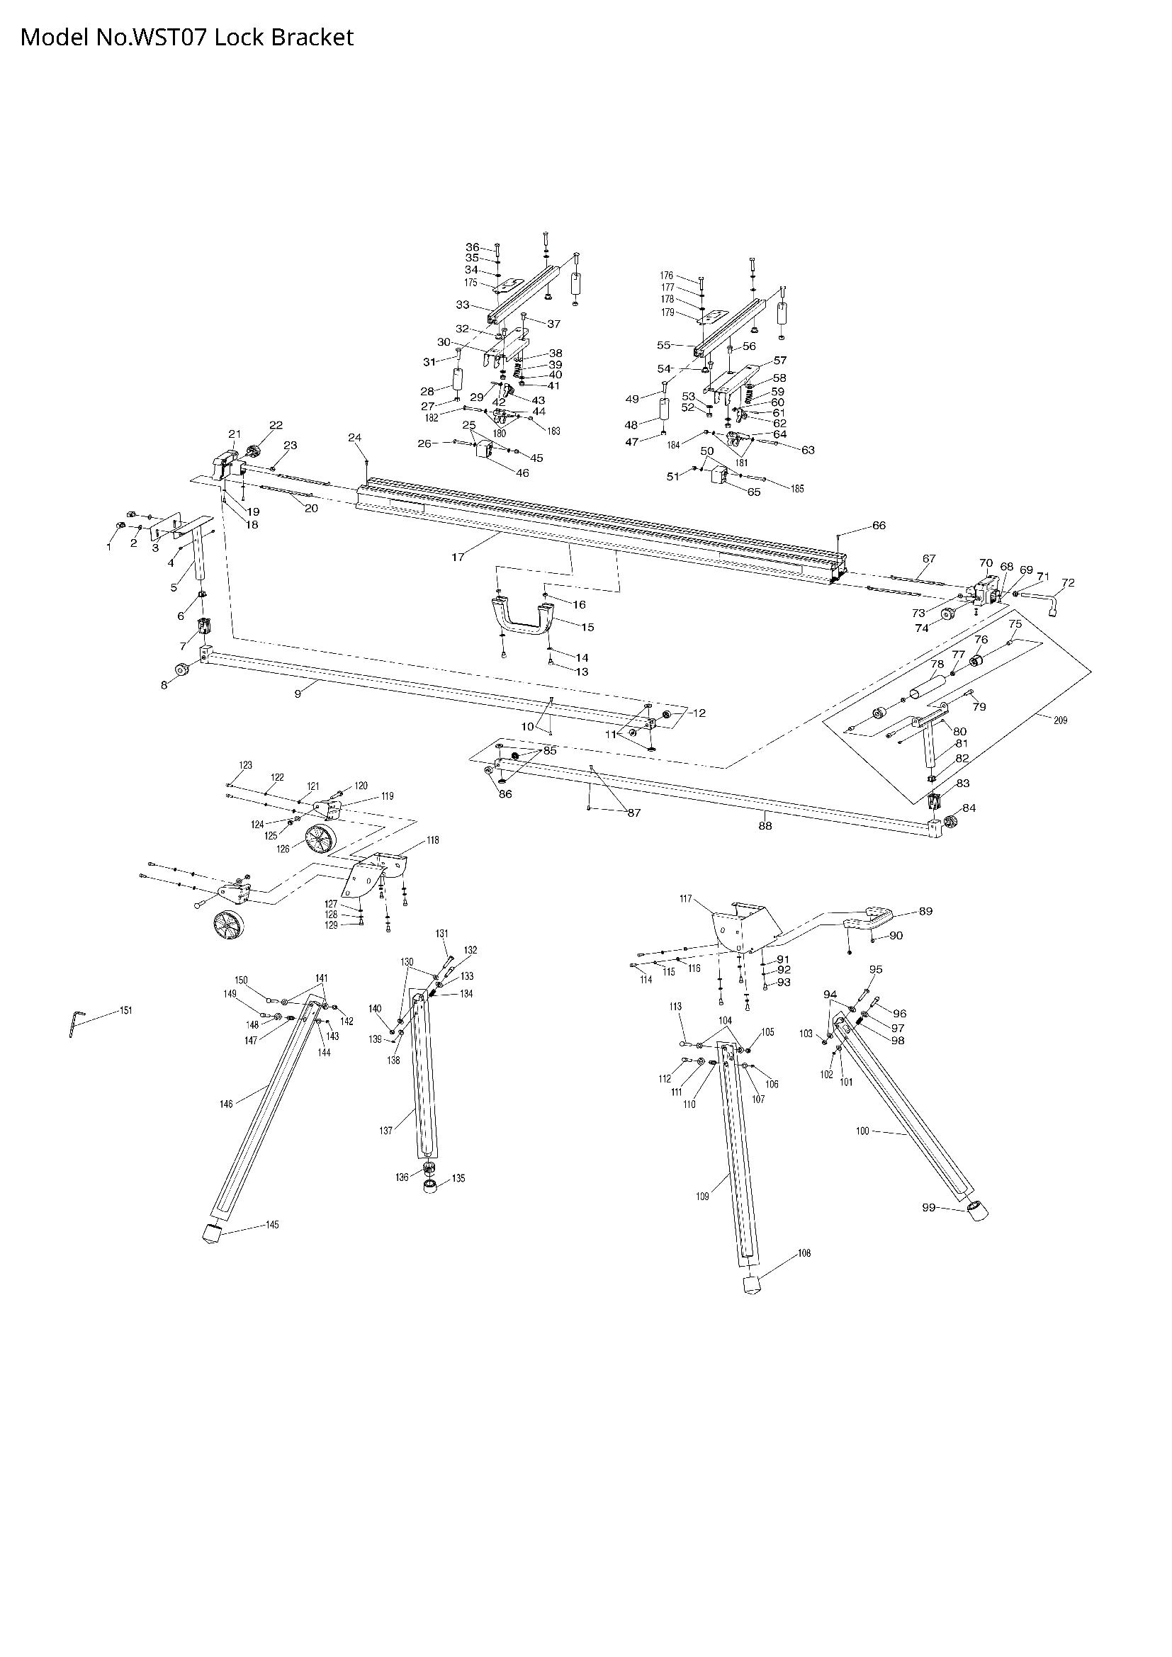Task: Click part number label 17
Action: coord(458,556)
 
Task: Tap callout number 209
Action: coord(1060,720)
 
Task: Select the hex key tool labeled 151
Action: coord(74,1024)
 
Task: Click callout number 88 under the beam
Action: coord(765,825)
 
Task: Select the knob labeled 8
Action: coord(181,671)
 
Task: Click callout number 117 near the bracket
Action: coord(686,899)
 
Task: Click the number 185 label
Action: coord(796,489)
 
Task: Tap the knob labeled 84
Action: coord(949,820)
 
